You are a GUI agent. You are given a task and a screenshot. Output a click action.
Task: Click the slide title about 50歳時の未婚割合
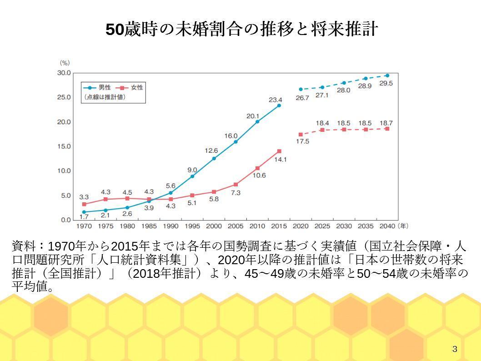241,30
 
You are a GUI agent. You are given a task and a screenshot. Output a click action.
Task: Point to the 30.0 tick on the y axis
64,73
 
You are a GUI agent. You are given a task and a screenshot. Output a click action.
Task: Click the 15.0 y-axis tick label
64,146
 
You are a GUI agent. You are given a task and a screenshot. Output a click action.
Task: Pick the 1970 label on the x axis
84,226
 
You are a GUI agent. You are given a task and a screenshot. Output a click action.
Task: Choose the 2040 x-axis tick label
387,226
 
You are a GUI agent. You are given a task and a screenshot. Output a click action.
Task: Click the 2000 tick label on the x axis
214,226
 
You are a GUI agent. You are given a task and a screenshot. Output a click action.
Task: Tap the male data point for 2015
279,105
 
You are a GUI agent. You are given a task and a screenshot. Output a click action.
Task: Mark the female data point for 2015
279,151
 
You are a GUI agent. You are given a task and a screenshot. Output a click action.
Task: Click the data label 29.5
386,84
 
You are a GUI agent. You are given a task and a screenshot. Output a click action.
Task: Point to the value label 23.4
276,100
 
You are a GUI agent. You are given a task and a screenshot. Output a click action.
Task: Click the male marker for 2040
387,75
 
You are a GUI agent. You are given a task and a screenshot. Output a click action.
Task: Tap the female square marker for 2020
301,135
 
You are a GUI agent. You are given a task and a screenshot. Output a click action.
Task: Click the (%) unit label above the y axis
65,63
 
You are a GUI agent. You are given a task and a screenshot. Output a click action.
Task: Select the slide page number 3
455,349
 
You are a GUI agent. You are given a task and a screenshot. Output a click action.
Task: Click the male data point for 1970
84,212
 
